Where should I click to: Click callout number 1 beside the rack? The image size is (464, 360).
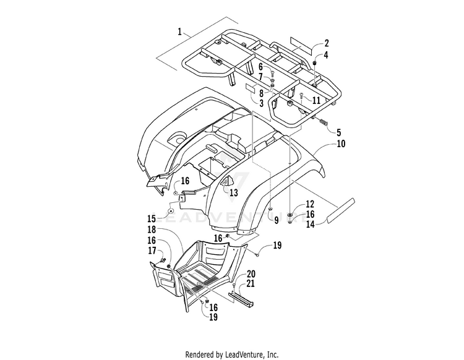(x=179, y=32)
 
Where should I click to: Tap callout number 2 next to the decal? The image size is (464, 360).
(x=327, y=43)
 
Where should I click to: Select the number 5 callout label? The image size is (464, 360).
(x=338, y=132)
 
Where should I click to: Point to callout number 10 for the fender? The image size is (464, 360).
(x=341, y=144)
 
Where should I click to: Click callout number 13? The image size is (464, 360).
(x=234, y=192)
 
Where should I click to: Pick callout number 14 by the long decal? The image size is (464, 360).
(x=310, y=224)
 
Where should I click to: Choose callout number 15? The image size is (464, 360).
(x=152, y=219)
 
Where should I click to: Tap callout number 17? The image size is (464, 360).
(x=152, y=251)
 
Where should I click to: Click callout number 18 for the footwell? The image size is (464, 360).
(x=152, y=229)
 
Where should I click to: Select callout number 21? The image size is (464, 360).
(x=251, y=283)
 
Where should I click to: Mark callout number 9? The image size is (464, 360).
(x=276, y=220)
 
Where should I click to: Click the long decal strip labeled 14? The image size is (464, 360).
(x=340, y=210)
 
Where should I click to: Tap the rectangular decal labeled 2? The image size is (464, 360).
(x=301, y=46)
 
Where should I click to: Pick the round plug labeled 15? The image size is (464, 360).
(x=171, y=211)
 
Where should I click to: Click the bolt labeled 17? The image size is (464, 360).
(x=163, y=260)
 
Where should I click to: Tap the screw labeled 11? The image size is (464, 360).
(x=301, y=95)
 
